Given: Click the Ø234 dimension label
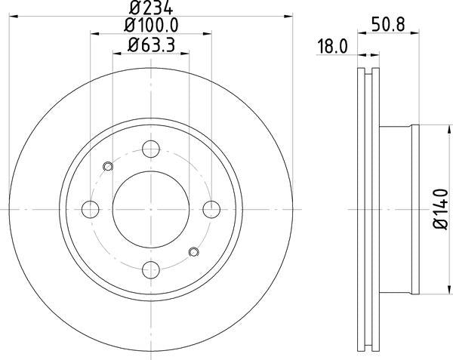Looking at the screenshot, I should pos(150,9).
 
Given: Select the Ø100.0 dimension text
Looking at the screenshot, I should pos(150,26).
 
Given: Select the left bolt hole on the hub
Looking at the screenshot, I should pos(91,208).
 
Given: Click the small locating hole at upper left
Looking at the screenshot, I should pos(107,167).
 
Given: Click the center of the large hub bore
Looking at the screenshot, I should pos(151,209).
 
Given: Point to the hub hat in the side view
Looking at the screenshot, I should pos(396,208).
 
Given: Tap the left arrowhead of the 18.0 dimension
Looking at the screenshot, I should pos(358,54).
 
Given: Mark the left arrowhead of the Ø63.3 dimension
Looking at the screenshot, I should pos(116,53).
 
